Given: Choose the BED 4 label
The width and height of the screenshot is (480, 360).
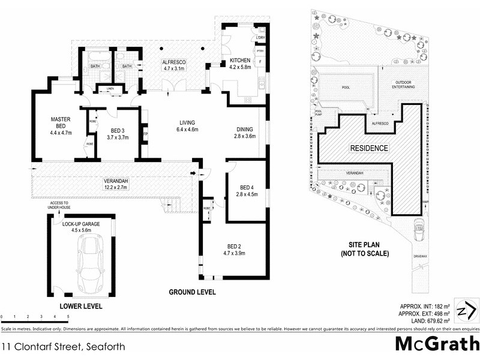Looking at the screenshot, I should [247, 190].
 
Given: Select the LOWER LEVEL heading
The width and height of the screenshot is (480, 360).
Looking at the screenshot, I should [82, 306].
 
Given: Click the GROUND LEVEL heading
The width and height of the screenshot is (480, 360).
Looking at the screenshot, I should [192, 292].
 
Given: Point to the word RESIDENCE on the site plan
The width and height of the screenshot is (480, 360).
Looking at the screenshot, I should [370, 148].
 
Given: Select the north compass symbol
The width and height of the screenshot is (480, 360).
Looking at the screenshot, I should [466, 310].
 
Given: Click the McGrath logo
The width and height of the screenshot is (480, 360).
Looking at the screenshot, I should [437, 344].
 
